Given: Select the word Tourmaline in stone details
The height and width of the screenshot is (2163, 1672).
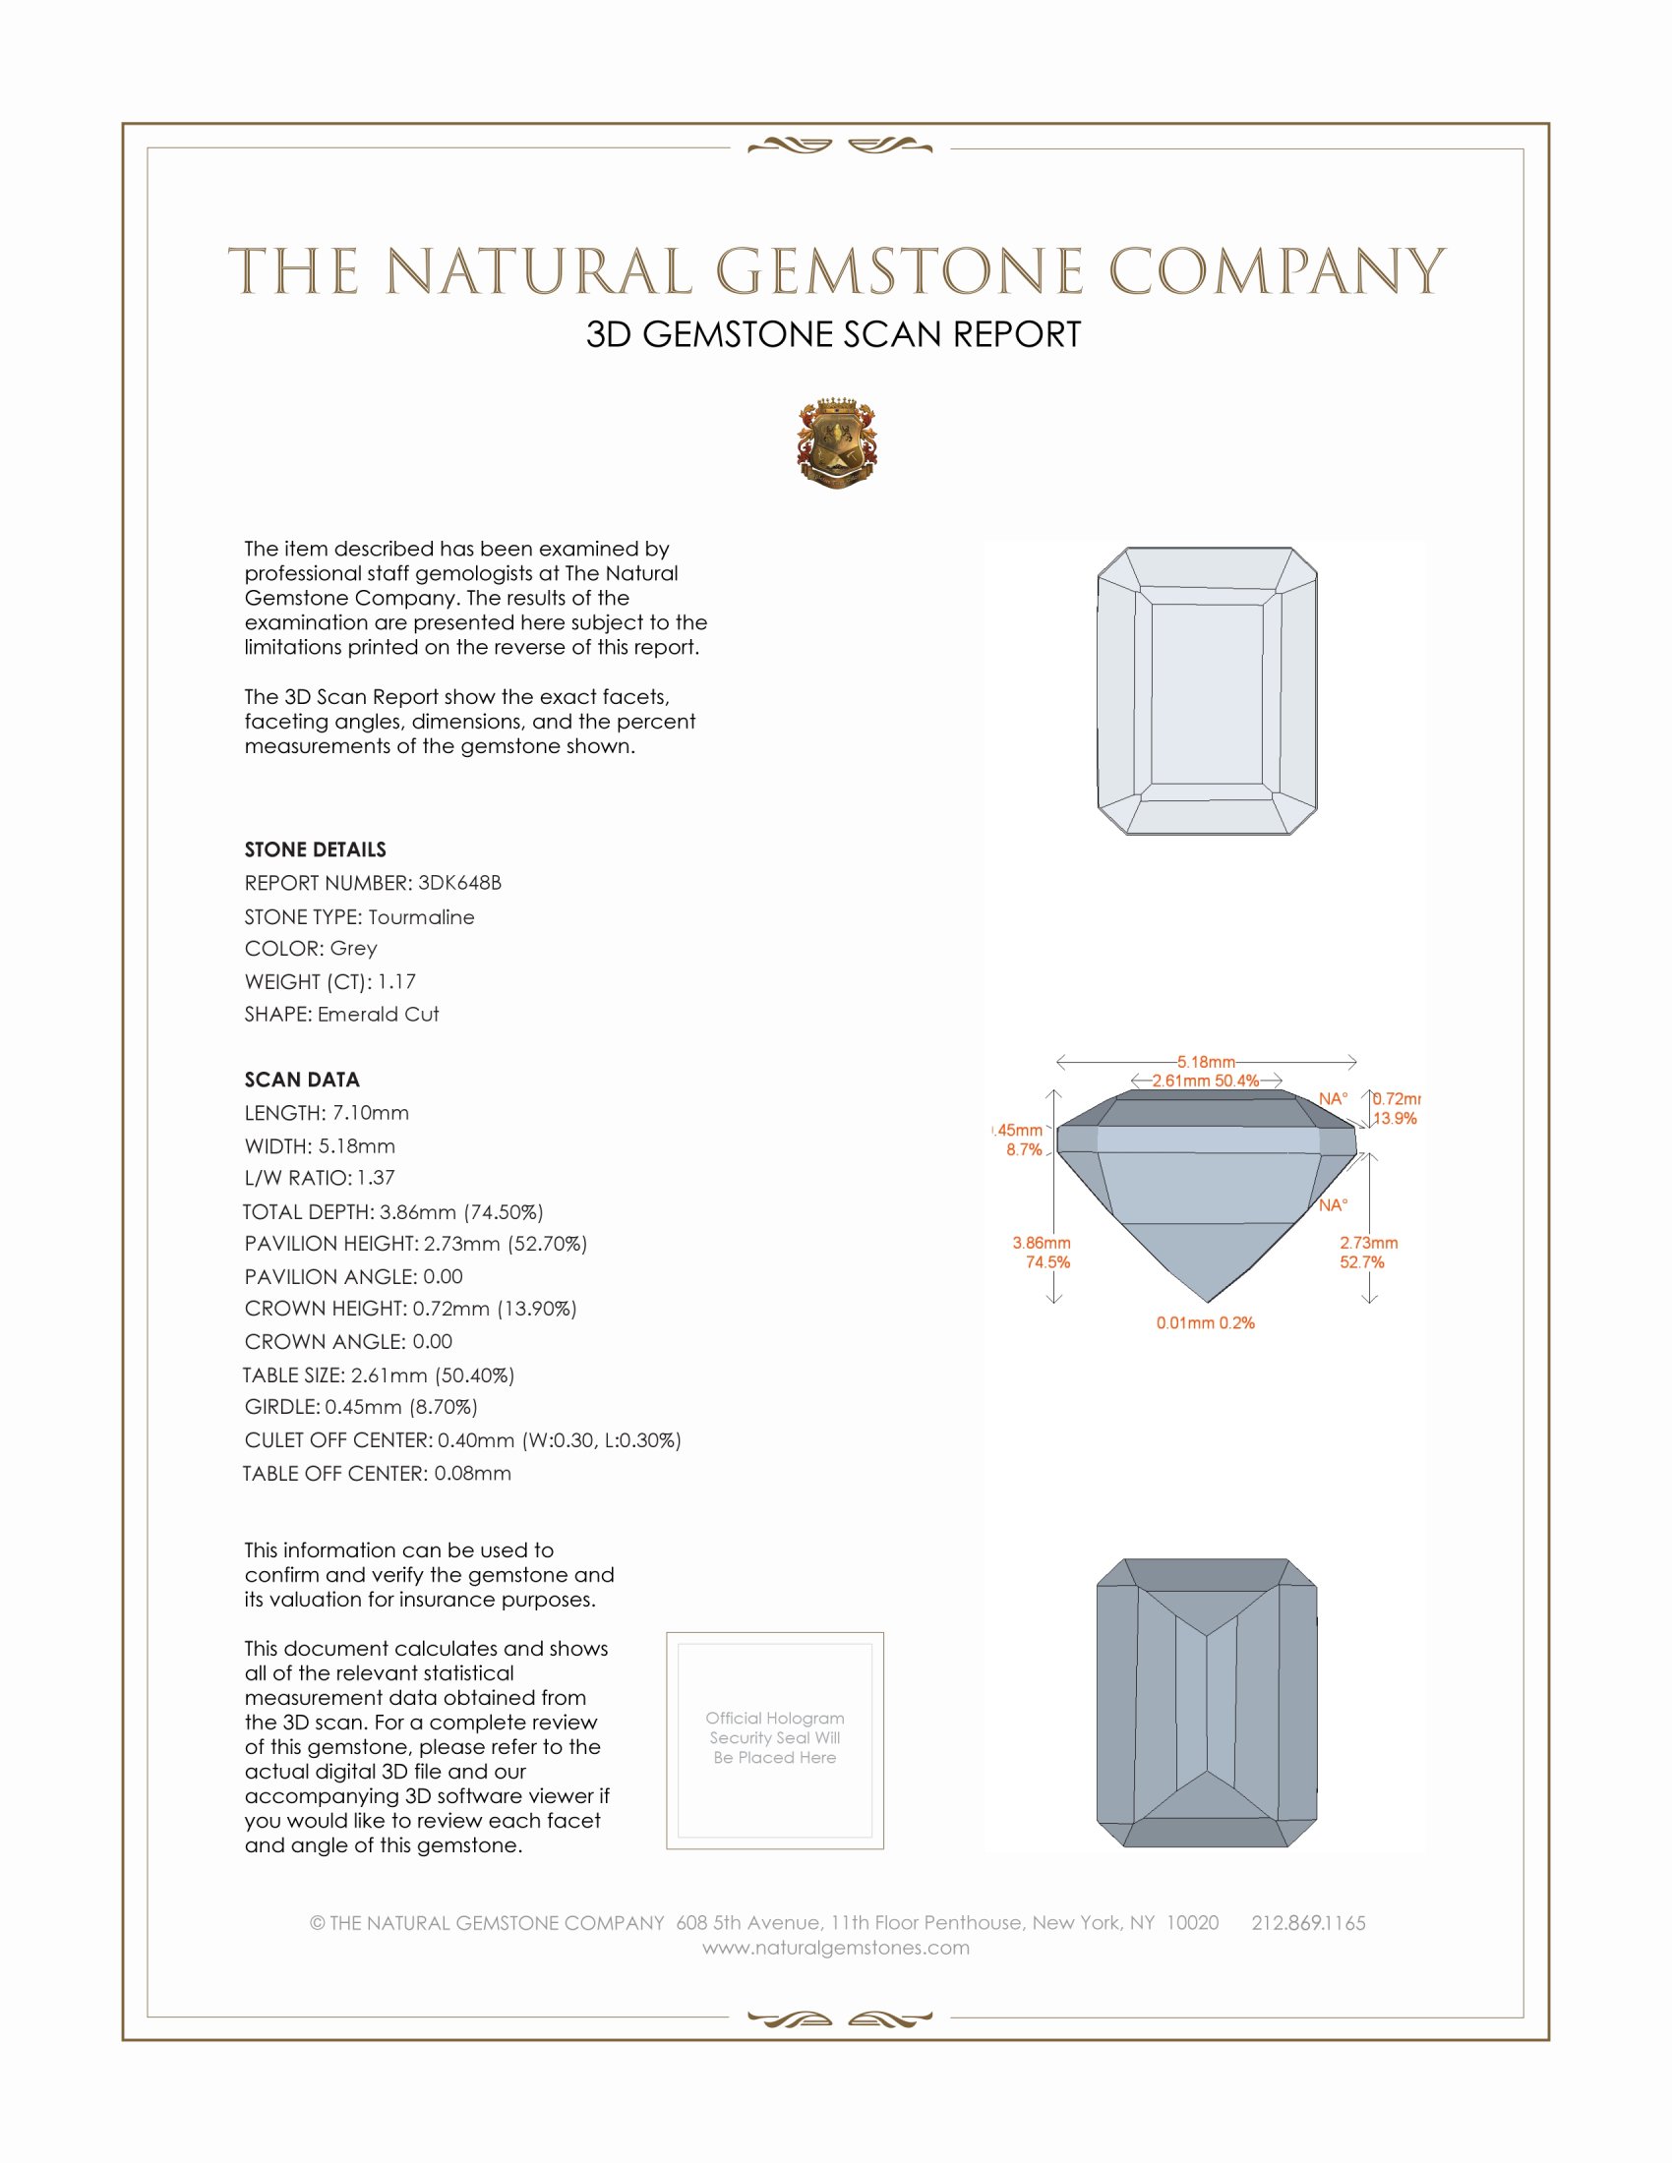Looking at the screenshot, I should [421, 917].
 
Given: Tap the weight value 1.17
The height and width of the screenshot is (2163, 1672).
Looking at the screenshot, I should [396, 981].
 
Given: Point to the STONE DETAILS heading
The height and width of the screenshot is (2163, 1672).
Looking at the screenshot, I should [315, 849].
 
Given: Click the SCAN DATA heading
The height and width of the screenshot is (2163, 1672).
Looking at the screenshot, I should [302, 1080].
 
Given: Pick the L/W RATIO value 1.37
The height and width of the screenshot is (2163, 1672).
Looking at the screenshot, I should [376, 1178].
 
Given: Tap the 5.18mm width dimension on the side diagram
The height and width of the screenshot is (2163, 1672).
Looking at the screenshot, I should [1206, 1062].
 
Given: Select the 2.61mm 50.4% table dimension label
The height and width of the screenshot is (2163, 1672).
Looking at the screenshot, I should [1205, 1081].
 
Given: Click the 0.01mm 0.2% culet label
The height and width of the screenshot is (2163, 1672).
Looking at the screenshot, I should [1206, 1323].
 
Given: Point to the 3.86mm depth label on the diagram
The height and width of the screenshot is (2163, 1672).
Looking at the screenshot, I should [1041, 1243].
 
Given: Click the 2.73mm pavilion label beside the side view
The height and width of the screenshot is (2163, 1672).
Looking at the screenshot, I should [1369, 1243].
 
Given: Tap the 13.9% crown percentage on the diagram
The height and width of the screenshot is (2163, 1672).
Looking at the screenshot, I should [1395, 1118].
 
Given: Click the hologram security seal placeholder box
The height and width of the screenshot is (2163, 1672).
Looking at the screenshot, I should [775, 1740].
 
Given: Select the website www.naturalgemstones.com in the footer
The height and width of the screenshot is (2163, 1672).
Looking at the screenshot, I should [836, 1947].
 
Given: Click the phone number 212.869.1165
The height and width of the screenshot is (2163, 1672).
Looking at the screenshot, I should [1307, 1922].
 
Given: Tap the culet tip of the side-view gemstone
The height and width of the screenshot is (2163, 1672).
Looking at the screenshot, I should [1208, 1301].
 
